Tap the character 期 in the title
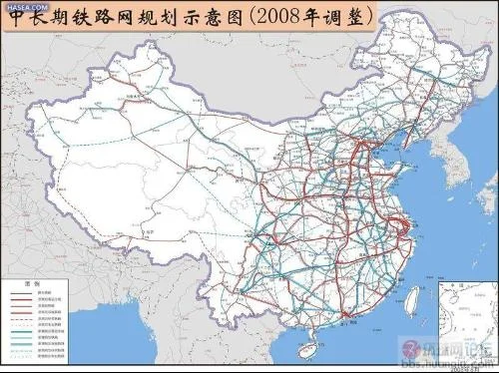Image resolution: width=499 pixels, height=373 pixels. pyautogui.click(x=74, y=22)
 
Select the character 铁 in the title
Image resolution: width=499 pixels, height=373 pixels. pyautogui.click(x=102, y=22)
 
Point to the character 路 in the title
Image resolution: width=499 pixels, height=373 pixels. pyautogui.click(x=131, y=22)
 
